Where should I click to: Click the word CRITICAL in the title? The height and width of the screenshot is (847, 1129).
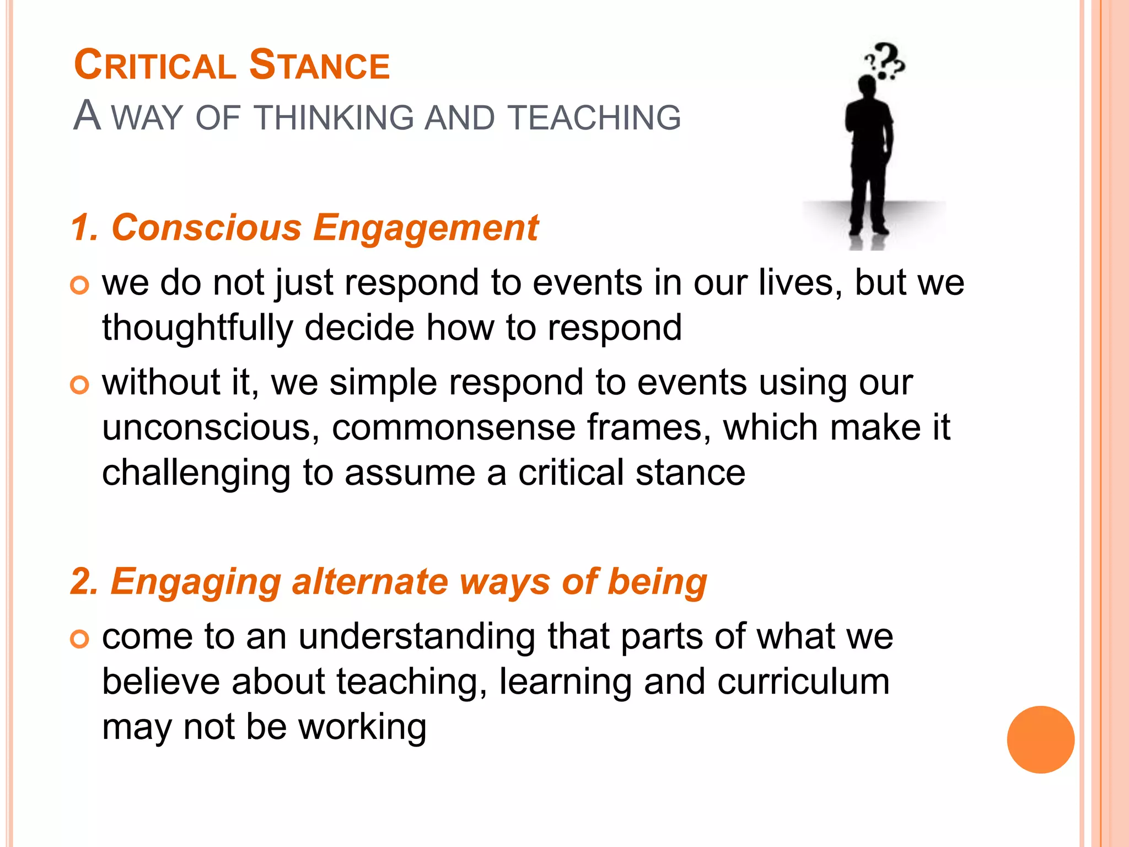click(x=155, y=66)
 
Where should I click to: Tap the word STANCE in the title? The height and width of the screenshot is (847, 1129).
click(x=319, y=66)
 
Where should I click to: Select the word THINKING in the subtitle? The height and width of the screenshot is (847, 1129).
click(x=334, y=117)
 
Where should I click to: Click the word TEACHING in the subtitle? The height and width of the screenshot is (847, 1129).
click(x=594, y=117)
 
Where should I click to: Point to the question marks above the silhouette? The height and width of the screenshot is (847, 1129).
click(x=885, y=61)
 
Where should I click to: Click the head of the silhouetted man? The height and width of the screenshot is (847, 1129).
click(x=867, y=87)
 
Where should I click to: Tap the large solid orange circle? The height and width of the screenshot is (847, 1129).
click(x=1040, y=739)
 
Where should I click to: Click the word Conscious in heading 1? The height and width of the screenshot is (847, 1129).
click(x=207, y=227)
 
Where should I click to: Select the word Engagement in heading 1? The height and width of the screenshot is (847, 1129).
click(x=426, y=227)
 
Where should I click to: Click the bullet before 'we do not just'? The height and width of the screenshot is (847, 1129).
click(x=80, y=285)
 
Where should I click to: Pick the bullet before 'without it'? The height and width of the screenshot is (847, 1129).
click(x=80, y=385)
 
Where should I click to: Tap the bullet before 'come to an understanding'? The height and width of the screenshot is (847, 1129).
click(x=80, y=639)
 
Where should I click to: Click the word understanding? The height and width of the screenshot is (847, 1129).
click(x=416, y=637)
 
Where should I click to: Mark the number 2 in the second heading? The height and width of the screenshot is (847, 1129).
click(x=82, y=582)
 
